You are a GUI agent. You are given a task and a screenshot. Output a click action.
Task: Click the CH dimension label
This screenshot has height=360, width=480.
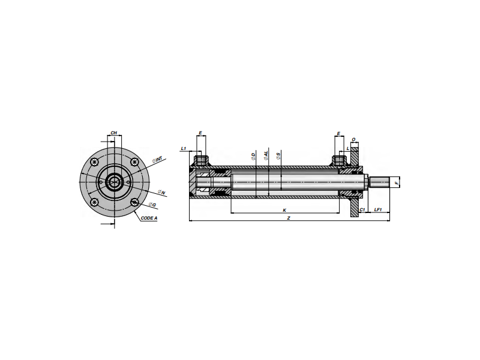tap(113, 133)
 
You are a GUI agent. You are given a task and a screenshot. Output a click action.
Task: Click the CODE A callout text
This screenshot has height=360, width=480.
tap(149, 218)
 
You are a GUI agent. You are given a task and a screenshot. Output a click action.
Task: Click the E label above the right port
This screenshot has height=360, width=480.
tap(339, 133)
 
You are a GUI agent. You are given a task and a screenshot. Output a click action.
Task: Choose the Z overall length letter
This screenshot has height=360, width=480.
tap(289, 218)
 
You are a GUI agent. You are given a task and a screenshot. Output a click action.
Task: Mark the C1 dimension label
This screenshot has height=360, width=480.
tap(362, 210)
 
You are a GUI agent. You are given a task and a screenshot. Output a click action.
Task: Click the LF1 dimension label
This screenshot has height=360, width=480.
tap(378, 210)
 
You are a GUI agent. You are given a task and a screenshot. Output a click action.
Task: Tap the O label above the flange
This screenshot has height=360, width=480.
tap(354, 140)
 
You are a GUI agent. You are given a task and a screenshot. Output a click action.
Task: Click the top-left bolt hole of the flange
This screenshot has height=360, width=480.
tap(95, 161)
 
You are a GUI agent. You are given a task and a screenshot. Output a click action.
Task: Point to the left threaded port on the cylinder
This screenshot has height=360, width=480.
tap(201, 160)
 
